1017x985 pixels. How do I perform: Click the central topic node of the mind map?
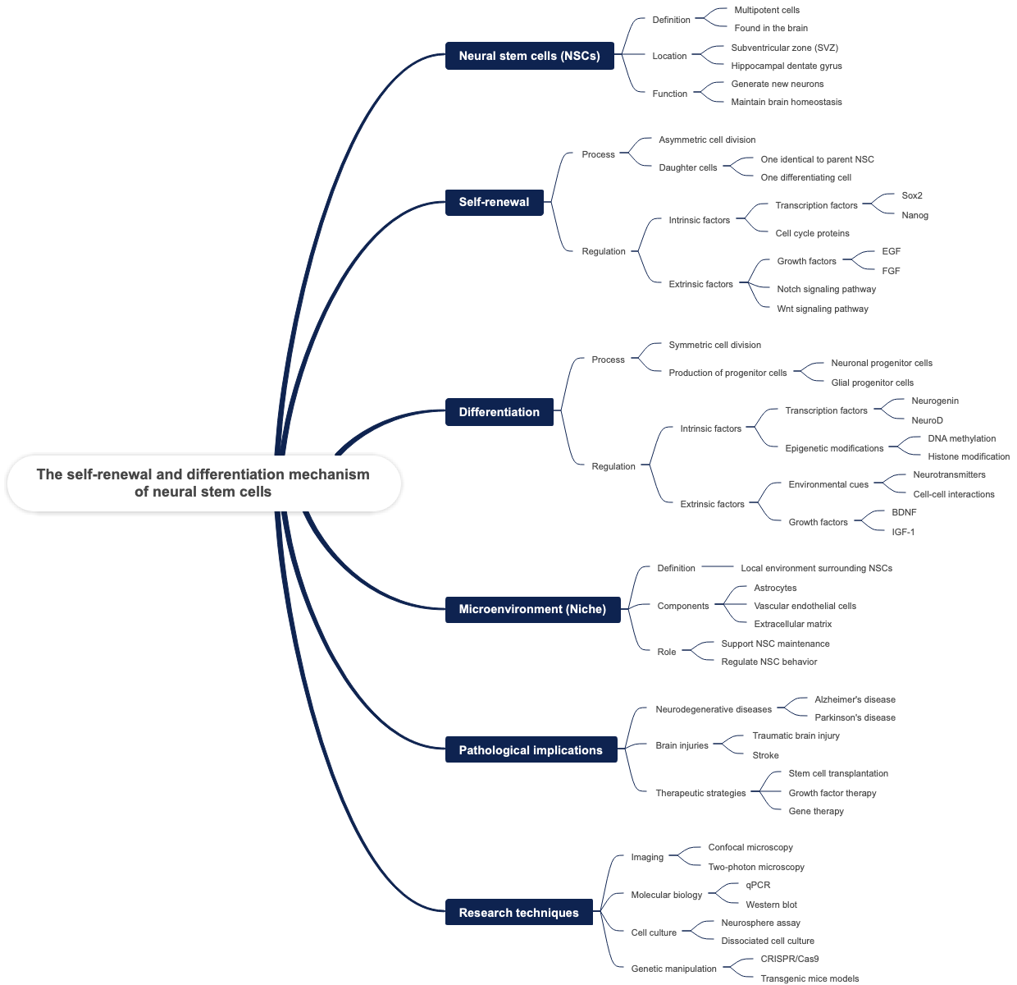click(x=203, y=483)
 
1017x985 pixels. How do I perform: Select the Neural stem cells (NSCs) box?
click(x=529, y=56)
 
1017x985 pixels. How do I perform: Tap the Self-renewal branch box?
click(x=494, y=202)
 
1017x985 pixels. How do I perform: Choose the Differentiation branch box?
click(x=499, y=412)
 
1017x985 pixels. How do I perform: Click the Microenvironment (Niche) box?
click(x=532, y=609)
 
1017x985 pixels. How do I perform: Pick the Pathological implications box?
click(x=531, y=750)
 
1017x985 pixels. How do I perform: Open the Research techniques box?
click(x=518, y=913)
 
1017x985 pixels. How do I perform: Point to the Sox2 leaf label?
click(x=911, y=195)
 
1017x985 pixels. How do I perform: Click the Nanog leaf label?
click(x=914, y=215)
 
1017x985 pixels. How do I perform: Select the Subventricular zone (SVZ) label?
click(x=784, y=48)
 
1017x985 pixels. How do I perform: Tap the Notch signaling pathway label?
click(x=826, y=289)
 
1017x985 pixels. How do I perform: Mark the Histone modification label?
click(x=969, y=456)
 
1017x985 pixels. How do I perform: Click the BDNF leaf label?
click(x=904, y=512)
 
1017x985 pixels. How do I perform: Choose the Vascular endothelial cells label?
click(x=805, y=606)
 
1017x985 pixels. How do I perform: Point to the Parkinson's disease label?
click(x=855, y=717)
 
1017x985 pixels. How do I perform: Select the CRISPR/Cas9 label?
click(x=789, y=959)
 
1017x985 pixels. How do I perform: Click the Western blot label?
click(x=771, y=905)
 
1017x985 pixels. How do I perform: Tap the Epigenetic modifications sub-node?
click(x=834, y=448)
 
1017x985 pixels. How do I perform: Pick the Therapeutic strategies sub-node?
click(x=700, y=793)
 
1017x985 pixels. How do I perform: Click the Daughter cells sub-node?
click(x=687, y=167)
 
